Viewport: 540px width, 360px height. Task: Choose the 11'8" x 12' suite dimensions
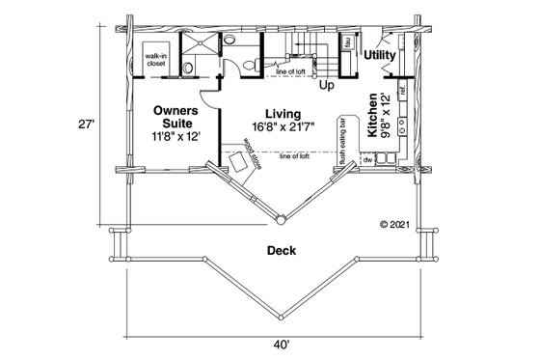pyautogui.click(x=175, y=137)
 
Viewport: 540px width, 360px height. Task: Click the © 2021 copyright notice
pyautogui.click(x=395, y=224)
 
